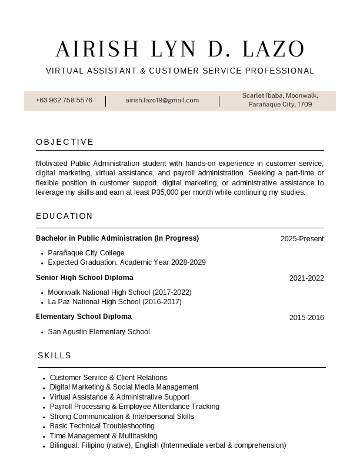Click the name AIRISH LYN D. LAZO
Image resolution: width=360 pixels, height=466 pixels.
click(180, 49)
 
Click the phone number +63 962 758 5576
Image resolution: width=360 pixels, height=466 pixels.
click(64, 100)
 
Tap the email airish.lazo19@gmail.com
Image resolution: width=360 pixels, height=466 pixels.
click(162, 100)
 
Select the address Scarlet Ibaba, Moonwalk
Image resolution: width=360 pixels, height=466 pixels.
click(280, 95)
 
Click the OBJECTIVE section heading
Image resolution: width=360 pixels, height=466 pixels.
click(65, 142)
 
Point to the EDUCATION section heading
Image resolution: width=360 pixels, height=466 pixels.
click(64, 216)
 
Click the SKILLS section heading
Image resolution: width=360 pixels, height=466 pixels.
click(55, 355)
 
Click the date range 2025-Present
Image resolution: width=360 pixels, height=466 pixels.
click(302, 239)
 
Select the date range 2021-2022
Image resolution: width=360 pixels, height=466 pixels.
click(306, 278)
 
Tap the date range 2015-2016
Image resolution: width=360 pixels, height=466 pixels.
click(306, 318)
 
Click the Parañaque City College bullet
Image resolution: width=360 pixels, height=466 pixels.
click(86, 253)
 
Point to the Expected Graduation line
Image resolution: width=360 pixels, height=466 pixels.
click(126, 262)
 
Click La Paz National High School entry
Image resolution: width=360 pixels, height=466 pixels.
click(115, 302)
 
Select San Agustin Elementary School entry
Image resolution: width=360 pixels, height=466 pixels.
click(99, 332)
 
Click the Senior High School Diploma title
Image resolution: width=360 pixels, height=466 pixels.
click(84, 278)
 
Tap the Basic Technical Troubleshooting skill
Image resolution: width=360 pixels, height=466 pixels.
click(102, 426)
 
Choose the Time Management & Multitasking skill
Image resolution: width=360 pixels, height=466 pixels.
click(104, 436)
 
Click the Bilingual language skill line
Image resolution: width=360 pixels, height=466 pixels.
click(168, 445)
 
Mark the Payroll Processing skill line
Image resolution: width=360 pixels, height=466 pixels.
click(134, 407)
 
